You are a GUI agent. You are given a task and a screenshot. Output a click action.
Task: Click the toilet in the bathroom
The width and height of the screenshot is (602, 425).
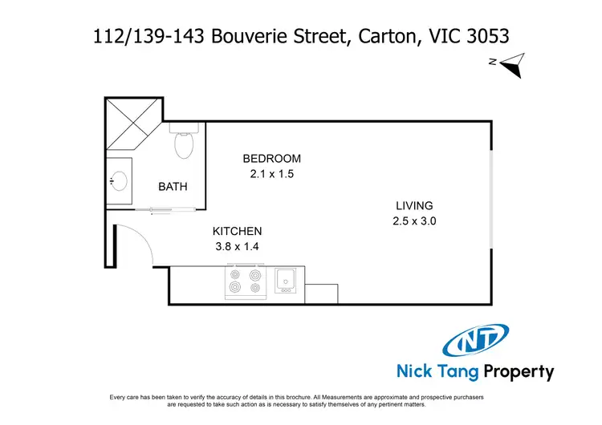(184, 143)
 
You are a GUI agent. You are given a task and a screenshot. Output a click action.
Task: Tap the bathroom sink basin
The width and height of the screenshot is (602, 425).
(120, 180)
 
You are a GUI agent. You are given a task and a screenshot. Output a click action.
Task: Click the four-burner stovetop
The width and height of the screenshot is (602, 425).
(245, 281)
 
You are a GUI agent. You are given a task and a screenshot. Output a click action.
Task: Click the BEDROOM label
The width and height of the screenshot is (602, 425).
(272, 158)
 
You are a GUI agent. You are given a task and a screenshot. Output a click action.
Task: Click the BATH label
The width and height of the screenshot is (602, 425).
(173, 187)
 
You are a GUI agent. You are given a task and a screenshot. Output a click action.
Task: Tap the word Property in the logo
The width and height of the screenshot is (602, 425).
(516, 372)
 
